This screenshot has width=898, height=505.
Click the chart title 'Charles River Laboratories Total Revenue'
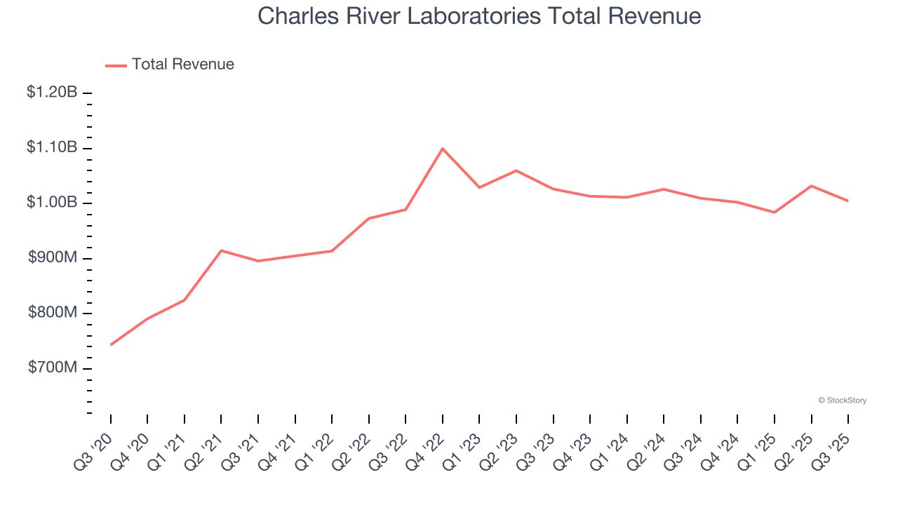[x=479, y=15]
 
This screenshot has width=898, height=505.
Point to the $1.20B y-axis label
[x=52, y=93]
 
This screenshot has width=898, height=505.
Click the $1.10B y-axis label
[x=52, y=148]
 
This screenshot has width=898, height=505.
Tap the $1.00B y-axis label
[x=52, y=203]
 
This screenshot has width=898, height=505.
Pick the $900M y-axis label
[x=53, y=258]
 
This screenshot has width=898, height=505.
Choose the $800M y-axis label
[x=53, y=313]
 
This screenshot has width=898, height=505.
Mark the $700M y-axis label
[x=53, y=368]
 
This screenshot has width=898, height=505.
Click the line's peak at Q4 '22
[x=443, y=149]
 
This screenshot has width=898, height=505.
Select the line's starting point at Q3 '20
[x=111, y=344]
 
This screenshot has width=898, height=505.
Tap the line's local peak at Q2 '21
[x=221, y=250]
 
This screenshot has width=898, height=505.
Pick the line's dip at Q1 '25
[x=775, y=212]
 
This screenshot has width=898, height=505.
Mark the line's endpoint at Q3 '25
[x=848, y=201]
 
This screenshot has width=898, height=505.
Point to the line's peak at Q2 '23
[x=516, y=170]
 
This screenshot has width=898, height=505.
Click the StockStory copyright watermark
[x=842, y=400]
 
